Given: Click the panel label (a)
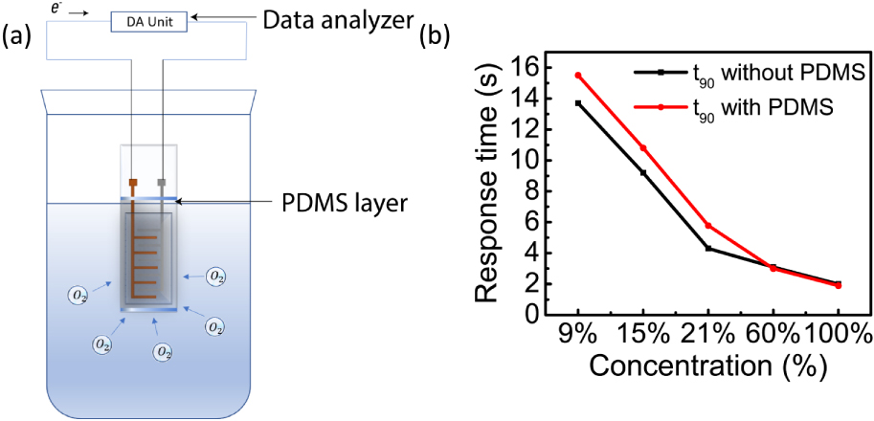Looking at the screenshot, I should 20,38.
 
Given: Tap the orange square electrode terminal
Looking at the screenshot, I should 133,182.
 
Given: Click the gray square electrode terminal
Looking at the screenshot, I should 162,182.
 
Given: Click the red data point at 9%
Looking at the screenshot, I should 578,75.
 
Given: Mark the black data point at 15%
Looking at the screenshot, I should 643,173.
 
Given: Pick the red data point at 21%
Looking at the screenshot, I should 708,225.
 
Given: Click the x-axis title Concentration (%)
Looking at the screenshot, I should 708,366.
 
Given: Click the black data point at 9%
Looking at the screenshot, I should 578,103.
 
